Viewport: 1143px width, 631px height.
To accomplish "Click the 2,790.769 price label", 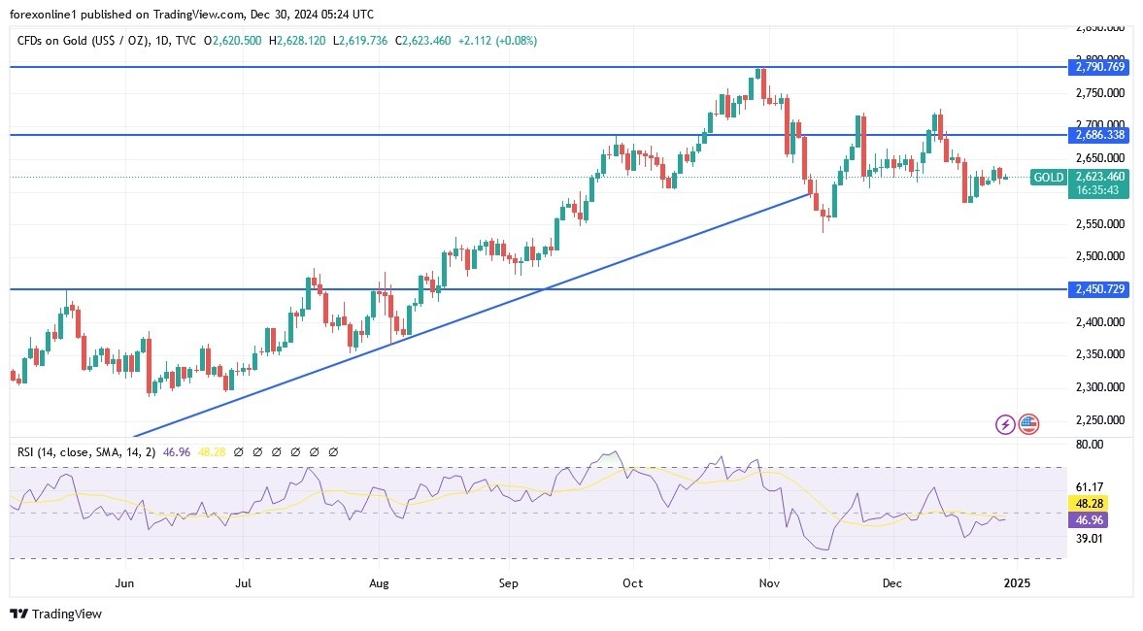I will click(x=1099, y=67).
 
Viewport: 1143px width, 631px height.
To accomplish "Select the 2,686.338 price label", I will click(x=1099, y=135).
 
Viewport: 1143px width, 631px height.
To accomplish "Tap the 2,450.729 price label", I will click(x=1099, y=289).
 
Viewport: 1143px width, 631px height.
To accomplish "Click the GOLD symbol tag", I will click(x=1048, y=177).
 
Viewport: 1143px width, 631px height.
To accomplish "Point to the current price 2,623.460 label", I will click(x=1099, y=177).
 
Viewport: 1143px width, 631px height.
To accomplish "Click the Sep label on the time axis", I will click(x=509, y=583).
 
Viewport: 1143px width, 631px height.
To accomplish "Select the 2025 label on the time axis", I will click(x=1016, y=583).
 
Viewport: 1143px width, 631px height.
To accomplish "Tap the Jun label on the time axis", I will click(x=123, y=583).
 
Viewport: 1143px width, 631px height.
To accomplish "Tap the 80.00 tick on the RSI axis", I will click(x=1091, y=445).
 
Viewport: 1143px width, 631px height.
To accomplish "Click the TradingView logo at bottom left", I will click(x=55, y=614).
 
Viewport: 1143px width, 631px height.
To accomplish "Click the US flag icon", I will click(x=1028, y=424).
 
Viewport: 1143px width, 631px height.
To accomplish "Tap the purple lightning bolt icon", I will click(x=1005, y=424).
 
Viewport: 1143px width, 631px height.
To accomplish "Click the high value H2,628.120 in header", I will click(x=300, y=41).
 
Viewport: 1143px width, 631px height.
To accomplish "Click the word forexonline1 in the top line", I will click(x=47, y=15).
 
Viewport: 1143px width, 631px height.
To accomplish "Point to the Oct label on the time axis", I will click(x=632, y=583).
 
